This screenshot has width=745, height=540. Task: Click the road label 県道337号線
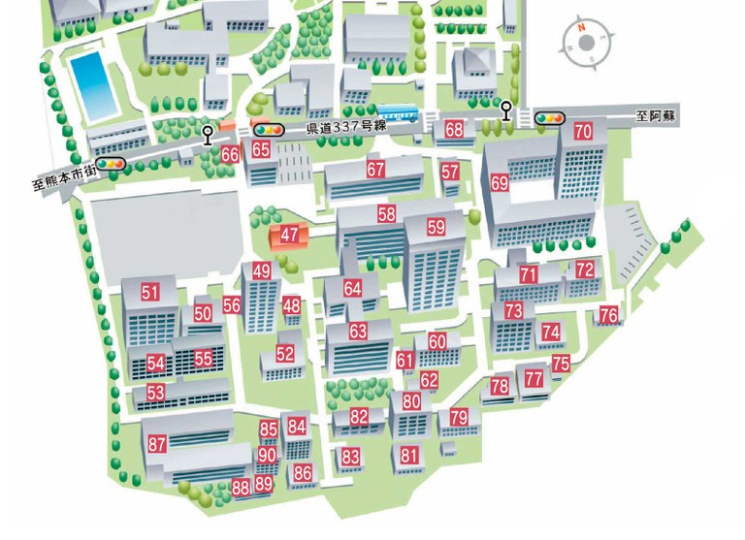point(346,128)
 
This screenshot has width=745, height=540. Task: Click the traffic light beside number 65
point(267,129)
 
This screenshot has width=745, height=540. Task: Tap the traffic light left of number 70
point(549,117)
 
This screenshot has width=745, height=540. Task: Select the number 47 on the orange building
point(290,235)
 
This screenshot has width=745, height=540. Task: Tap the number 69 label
point(500,182)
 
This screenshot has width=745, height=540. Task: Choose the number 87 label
point(157,444)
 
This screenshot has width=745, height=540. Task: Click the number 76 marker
point(608,315)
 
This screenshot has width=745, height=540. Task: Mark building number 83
point(350,456)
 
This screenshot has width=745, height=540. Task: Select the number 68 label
point(454,129)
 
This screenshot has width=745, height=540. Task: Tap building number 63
point(358,332)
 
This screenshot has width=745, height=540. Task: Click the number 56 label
point(232,304)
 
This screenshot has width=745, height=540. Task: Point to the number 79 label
point(459,418)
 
